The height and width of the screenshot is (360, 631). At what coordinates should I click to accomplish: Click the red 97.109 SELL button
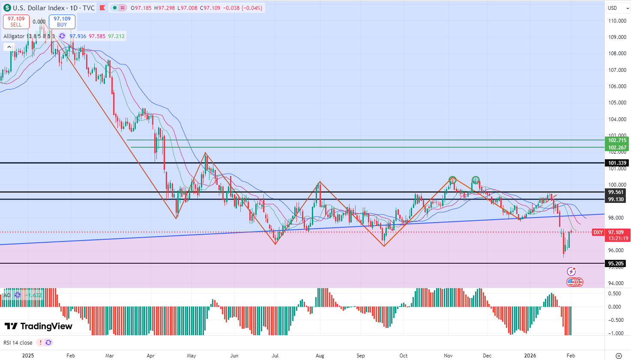tap(16, 22)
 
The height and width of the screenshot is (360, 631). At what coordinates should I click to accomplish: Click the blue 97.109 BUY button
tap(62, 22)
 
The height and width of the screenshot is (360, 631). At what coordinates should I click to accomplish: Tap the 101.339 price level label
tap(617, 163)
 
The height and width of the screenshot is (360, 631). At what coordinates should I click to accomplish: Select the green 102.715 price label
tap(617, 140)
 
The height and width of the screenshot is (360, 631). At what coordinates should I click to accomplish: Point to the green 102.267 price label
tap(617, 148)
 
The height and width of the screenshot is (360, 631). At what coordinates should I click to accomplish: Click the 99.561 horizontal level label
tap(616, 192)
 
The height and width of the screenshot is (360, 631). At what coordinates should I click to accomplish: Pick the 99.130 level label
tap(616, 199)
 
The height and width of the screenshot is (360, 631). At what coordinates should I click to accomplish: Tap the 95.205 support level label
tap(616, 264)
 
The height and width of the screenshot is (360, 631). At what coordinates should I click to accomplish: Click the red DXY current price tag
tap(598, 232)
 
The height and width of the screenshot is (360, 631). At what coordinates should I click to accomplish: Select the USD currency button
tap(613, 8)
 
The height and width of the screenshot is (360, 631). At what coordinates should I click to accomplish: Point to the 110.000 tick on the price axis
tap(617, 21)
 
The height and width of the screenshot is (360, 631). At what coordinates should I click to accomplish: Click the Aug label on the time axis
tap(320, 356)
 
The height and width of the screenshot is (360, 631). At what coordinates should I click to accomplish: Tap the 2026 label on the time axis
tap(530, 356)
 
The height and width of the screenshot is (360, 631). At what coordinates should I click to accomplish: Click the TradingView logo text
tap(39, 326)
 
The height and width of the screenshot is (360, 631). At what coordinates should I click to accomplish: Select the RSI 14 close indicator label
tap(18, 343)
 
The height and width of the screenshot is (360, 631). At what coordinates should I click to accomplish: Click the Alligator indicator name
tap(14, 36)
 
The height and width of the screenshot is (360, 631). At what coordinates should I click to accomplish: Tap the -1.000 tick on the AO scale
tap(616, 333)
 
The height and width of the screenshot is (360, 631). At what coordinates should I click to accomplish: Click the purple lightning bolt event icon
tap(571, 271)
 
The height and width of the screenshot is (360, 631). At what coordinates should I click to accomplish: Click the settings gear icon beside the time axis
tap(618, 356)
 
